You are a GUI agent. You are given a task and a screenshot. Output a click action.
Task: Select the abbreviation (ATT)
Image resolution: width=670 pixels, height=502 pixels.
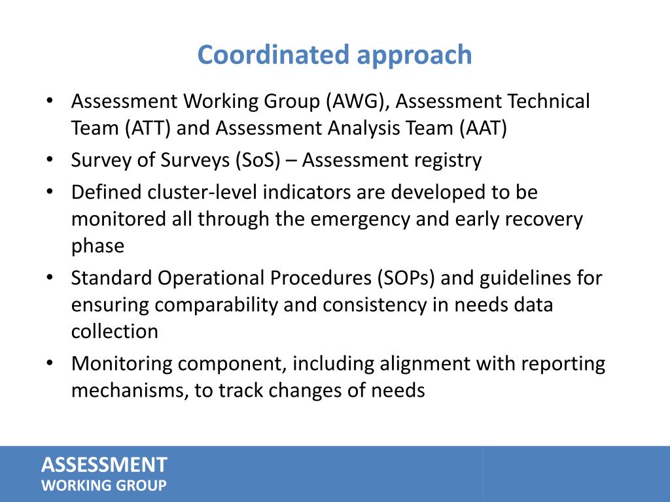click(148, 129)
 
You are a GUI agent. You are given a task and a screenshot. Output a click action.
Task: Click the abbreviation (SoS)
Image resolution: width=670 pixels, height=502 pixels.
click(258, 161)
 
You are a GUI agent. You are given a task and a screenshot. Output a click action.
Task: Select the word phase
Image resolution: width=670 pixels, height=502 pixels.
click(97, 246)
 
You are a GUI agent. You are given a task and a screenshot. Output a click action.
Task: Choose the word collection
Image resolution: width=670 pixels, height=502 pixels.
click(115, 331)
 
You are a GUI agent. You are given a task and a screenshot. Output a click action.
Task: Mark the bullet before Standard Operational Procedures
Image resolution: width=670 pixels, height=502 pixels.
click(50, 278)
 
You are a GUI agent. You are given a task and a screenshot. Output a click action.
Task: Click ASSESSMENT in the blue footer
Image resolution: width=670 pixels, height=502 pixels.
click(104, 465)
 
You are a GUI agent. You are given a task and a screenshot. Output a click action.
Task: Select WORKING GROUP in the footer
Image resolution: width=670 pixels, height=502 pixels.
click(104, 486)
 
